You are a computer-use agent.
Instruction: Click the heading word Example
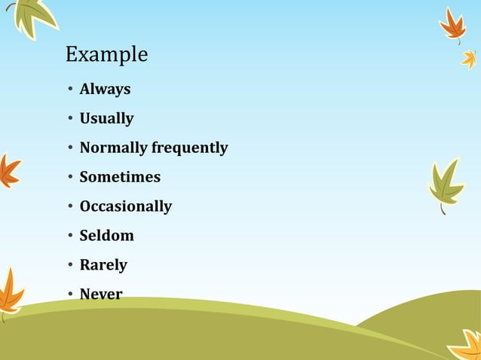point(106,55)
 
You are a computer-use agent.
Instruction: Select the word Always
point(105,89)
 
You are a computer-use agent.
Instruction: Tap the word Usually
point(106,118)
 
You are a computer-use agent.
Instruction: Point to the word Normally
point(113,148)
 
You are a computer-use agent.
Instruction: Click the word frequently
point(189,148)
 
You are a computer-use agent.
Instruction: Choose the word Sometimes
point(120,177)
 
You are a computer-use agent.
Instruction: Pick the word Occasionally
point(126,206)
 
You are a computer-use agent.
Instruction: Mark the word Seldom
point(106,236)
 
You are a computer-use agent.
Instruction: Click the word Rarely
point(103,265)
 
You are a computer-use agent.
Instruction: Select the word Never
point(101,294)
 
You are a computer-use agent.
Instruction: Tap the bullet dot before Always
point(69,90)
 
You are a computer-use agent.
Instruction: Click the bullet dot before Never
point(69,295)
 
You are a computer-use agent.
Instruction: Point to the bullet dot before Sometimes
point(69,178)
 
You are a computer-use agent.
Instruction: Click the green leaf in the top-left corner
point(32,17)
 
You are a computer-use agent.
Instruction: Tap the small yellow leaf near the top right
point(470,59)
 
